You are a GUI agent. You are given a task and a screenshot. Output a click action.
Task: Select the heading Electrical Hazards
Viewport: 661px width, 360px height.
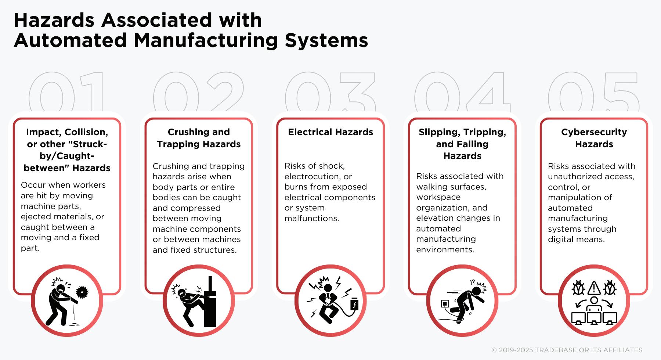coord(330,132)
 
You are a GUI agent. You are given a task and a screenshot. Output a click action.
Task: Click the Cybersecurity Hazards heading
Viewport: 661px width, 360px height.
coord(594,138)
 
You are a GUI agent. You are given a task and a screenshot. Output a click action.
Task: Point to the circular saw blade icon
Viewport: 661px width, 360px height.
coord(82,292)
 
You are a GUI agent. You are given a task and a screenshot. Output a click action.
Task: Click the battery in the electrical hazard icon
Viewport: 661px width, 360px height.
coord(354,305)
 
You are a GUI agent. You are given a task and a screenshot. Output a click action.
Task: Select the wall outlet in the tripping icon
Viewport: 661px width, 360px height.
coord(445,304)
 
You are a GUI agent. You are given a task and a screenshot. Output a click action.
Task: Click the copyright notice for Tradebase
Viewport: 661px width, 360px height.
coord(567,350)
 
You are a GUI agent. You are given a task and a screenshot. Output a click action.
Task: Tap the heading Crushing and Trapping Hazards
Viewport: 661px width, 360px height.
coord(199,138)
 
